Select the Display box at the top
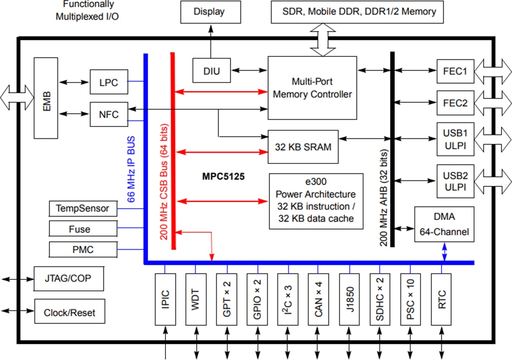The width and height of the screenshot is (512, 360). tap(209, 11)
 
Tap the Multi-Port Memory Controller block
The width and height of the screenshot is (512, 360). tap(312, 88)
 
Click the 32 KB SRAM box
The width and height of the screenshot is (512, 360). tap(303, 147)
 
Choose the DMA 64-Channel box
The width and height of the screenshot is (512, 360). tap(444, 224)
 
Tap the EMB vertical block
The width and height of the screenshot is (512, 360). tap(46, 98)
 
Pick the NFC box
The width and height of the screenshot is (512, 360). tap(109, 115)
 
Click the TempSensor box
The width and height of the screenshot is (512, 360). tap(83, 208)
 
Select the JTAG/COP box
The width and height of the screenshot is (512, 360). tap(69, 279)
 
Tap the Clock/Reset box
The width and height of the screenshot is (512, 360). tap(69, 313)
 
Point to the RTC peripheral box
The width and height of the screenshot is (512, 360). tap(442, 298)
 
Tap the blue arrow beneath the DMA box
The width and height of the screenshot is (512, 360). tap(444, 252)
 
